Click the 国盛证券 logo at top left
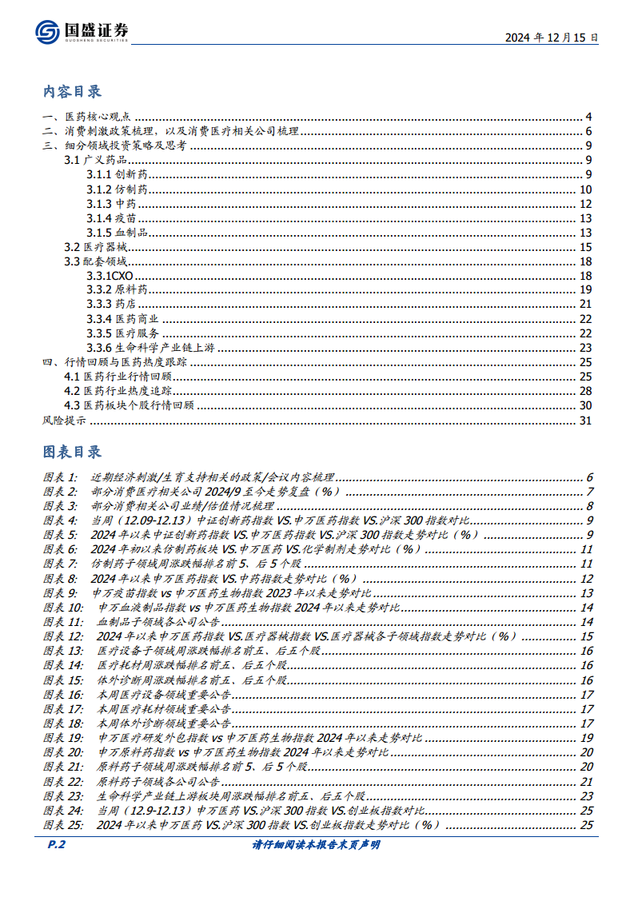tap(82, 31)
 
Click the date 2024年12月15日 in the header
tap(552, 38)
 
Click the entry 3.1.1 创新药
tap(117, 175)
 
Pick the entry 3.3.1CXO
tap(110, 276)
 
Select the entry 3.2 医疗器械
tap(94, 247)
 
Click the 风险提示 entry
tap(64, 420)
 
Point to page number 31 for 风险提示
tap(585, 420)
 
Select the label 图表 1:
tap(60, 477)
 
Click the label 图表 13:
tap(62, 651)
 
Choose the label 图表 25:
tap(62, 824)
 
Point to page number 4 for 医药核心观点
tap(588, 118)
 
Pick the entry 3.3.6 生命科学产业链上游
tap(150, 348)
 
